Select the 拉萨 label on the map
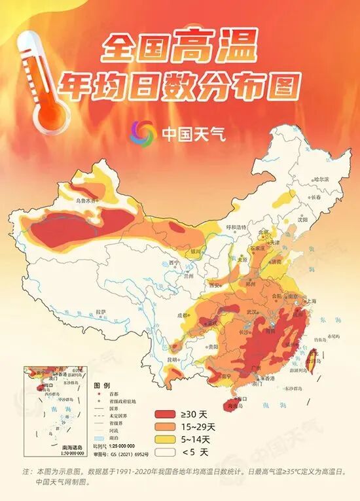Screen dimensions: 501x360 [99, 311]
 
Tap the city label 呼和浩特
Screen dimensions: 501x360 [238, 227]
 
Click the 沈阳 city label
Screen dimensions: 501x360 [302, 219]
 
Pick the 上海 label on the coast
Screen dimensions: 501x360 [310, 301]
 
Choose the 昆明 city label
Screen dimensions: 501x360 [171, 359]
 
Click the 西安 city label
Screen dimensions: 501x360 [215, 285]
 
